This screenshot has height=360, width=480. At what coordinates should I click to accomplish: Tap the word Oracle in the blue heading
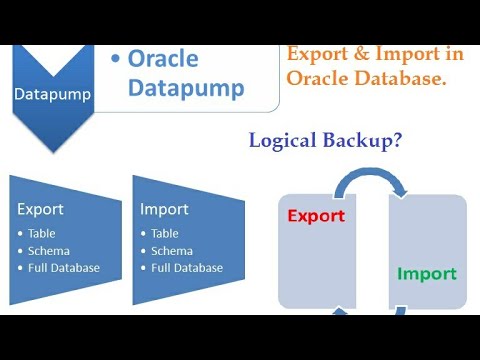click(162, 59)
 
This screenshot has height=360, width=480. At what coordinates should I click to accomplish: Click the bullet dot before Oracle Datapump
click(117, 59)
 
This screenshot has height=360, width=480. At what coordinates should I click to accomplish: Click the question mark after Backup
click(398, 141)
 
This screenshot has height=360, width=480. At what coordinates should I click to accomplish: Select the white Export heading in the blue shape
click(40, 210)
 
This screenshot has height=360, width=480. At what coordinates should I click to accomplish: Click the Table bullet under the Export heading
click(41, 233)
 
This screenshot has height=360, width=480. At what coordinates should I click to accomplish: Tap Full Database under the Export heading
click(63, 267)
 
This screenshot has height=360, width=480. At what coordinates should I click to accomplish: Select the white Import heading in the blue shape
click(164, 210)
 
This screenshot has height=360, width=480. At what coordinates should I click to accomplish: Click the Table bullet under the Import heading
click(165, 233)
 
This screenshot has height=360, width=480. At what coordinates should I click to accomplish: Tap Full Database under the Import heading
click(187, 267)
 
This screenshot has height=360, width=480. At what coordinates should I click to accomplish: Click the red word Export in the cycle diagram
click(316, 215)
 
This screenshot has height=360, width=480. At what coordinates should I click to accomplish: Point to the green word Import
click(427, 273)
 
